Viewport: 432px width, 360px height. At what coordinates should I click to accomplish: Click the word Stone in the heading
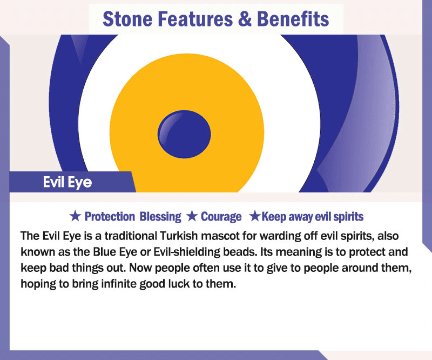[x=127, y=19]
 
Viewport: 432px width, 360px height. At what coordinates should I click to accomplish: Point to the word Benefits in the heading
[x=293, y=19]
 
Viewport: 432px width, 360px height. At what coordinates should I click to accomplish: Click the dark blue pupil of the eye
[x=184, y=134]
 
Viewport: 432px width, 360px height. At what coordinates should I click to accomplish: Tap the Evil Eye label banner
[x=72, y=182]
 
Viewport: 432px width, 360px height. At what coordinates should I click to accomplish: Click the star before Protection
[x=75, y=216]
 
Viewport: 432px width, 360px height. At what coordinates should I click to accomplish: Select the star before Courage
[x=192, y=216]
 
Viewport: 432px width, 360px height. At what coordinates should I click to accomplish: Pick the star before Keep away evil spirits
[x=254, y=216]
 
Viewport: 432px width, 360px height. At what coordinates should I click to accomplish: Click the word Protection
[x=110, y=217]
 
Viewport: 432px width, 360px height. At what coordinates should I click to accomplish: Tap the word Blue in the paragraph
[x=104, y=251]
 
